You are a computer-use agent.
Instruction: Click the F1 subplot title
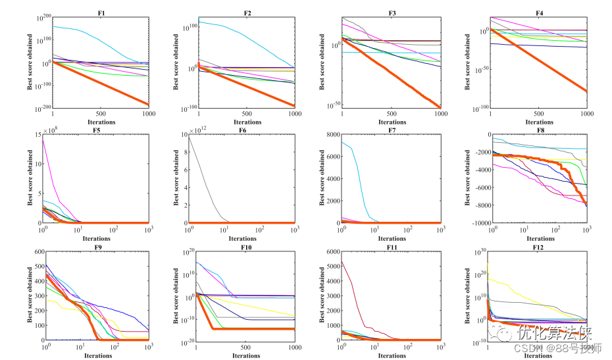pyautogui.click(x=101, y=11)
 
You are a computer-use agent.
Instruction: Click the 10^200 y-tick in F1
pyautogui.click(x=41, y=17)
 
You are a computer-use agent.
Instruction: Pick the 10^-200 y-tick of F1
pyautogui.click(x=39, y=107)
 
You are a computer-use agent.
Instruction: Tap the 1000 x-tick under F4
pyautogui.click(x=586, y=114)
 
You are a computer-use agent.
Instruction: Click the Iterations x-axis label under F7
pyautogui.click(x=392, y=239)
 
